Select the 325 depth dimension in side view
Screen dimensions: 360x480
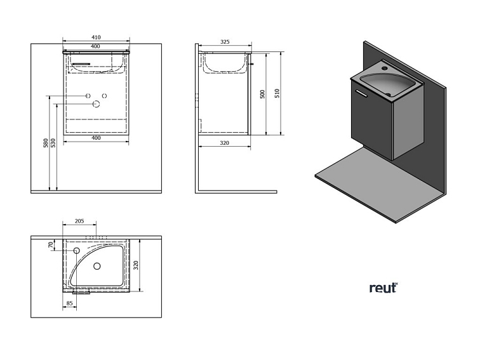click(225, 42)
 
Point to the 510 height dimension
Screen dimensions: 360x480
click(277, 93)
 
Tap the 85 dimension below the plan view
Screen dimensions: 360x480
click(69, 303)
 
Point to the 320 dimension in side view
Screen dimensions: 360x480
click(224, 143)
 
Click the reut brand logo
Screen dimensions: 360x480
click(383, 288)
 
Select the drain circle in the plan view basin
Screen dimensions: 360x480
click(97, 266)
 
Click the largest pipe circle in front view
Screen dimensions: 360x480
click(97, 103)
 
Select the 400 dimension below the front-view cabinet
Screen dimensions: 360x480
click(97, 138)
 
